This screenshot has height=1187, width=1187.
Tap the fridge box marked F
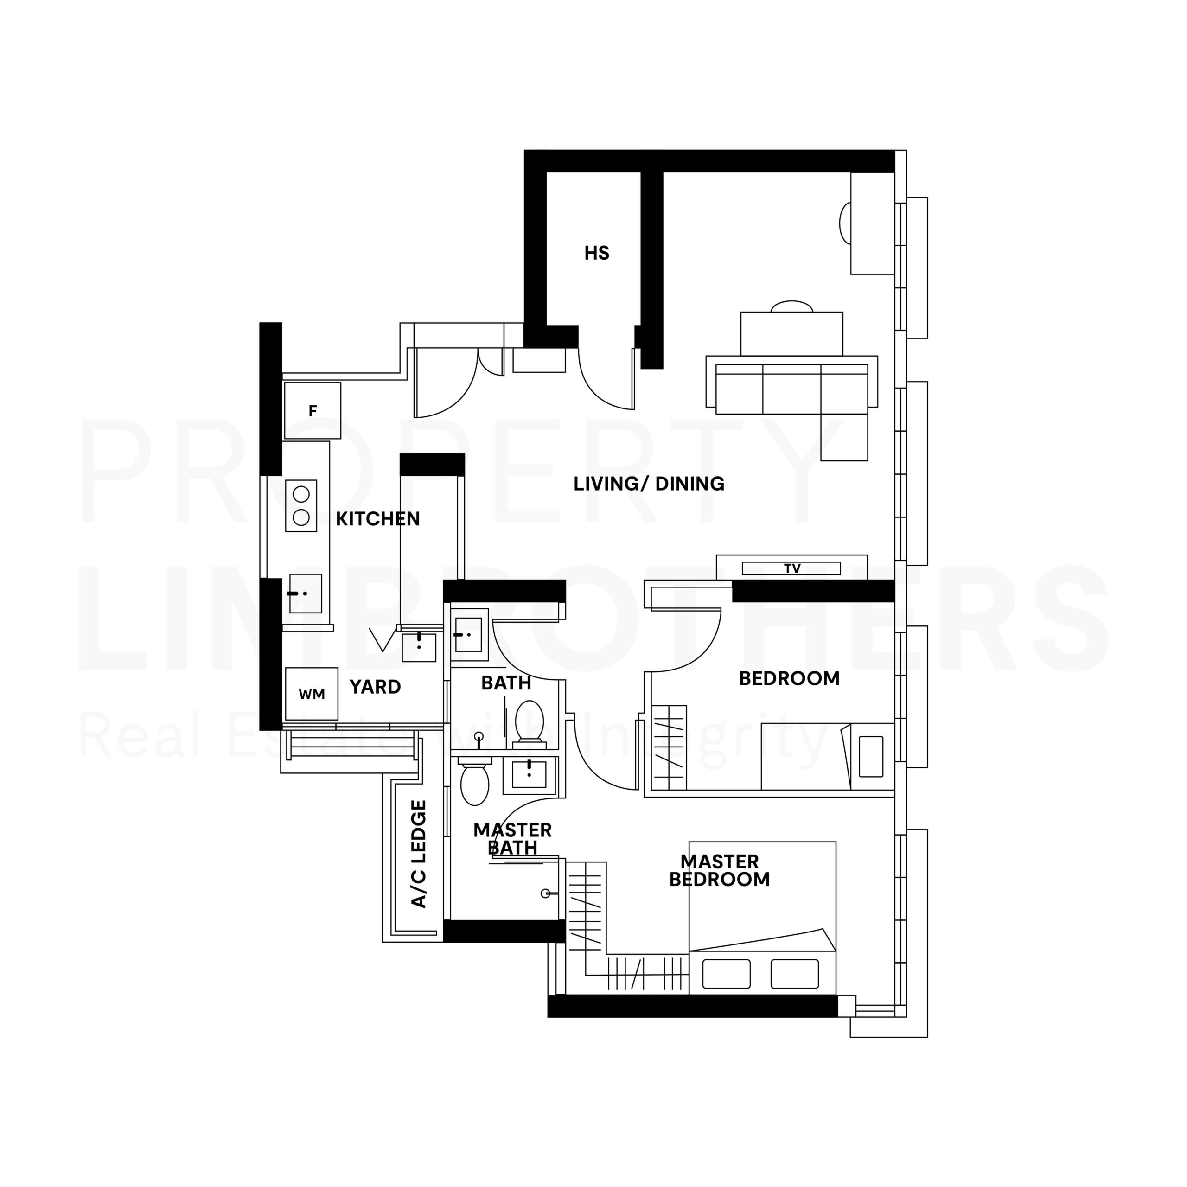(312, 410)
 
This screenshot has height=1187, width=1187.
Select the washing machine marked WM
(312, 694)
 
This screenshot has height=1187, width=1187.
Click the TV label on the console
(792, 568)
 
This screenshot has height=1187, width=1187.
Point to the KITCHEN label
(377, 519)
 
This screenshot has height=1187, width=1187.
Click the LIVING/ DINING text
(649, 484)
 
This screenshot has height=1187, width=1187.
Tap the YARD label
(375, 687)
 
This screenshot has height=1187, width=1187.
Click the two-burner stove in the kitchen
(301, 506)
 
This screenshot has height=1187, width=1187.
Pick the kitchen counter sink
(306, 593)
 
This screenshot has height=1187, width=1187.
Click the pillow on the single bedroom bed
(871, 757)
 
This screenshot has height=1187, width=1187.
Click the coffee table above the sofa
(791, 334)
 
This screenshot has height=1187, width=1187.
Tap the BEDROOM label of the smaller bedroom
(789, 678)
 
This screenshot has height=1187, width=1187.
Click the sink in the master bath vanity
(529, 773)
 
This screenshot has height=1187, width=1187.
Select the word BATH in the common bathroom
(506, 683)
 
